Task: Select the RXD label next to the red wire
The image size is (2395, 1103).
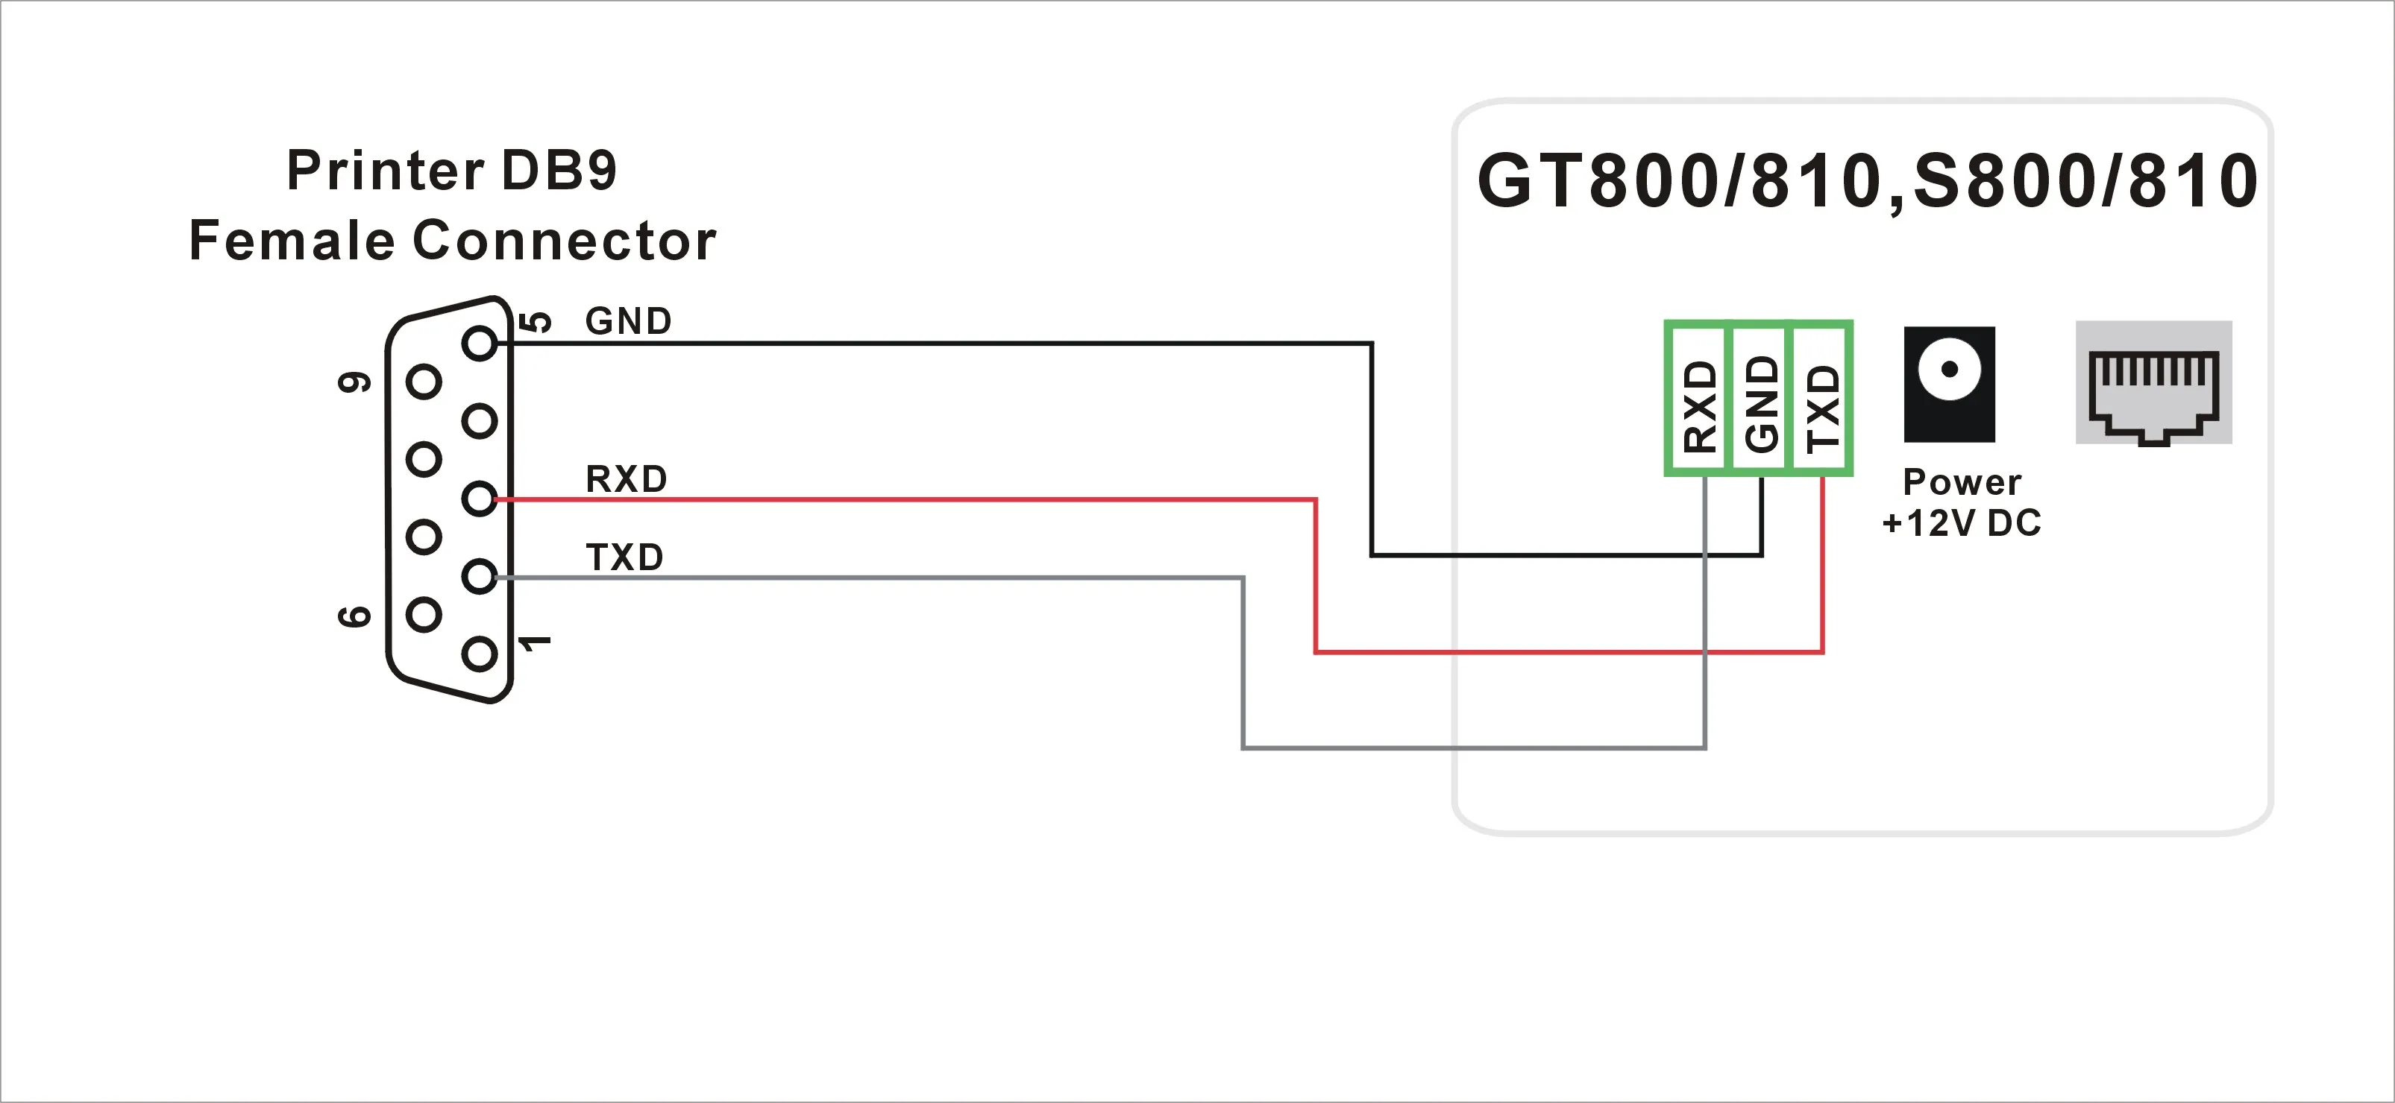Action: click(x=626, y=479)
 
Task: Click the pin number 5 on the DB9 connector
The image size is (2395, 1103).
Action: click(x=536, y=323)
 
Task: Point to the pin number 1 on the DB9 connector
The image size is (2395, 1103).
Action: click(x=535, y=642)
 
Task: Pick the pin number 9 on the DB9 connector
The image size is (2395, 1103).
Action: click(x=354, y=382)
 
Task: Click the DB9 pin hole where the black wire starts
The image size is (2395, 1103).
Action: click(x=480, y=344)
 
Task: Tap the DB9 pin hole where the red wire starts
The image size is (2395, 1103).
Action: click(x=480, y=499)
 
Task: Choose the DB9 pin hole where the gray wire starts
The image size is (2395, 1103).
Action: click(x=480, y=577)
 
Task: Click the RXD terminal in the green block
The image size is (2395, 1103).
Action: click(x=1698, y=399)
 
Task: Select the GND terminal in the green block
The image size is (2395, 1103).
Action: click(x=1761, y=399)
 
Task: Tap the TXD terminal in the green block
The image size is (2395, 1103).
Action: click(x=1822, y=399)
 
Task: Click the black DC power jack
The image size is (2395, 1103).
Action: click(x=1949, y=383)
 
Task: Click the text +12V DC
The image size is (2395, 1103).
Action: click(x=1961, y=523)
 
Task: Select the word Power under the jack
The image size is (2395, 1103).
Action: click(x=1962, y=482)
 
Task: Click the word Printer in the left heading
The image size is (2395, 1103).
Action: click(x=385, y=171)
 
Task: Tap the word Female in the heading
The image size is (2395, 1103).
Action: click(x=291, y=241)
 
